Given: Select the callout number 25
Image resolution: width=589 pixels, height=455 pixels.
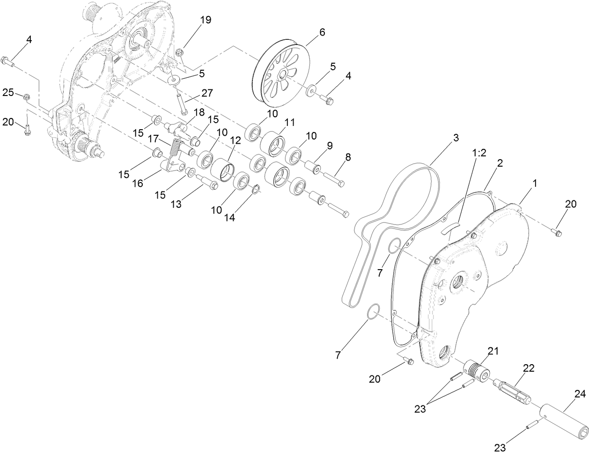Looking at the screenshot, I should coord(7,93).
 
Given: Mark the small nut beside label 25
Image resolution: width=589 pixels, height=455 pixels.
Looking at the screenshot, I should coord(27,97).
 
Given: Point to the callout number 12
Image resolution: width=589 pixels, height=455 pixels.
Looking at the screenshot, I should coord(235,140).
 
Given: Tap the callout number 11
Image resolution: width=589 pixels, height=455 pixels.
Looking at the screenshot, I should coord(289,122).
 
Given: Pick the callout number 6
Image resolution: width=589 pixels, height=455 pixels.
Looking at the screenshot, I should coord(321,32).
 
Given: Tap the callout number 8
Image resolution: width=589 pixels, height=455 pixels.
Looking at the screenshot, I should coord(347,158).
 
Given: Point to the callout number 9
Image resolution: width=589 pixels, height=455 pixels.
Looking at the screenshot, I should coord(330,146).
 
